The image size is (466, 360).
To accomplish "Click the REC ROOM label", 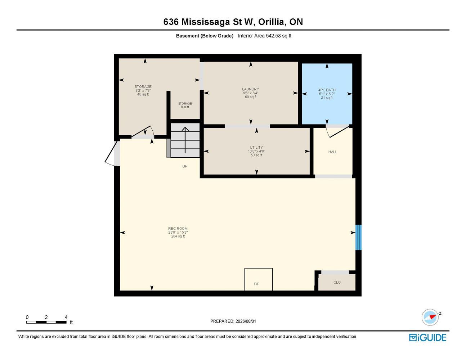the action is (178, 229).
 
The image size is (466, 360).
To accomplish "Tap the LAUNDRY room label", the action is (251, 89).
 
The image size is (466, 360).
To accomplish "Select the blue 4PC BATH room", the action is (327, 94).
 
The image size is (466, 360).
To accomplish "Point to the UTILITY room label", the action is (256, 148).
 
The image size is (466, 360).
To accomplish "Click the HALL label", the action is (333, 152).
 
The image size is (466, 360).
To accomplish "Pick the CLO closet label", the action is (337, 283).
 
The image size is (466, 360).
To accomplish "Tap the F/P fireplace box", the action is (259, 279).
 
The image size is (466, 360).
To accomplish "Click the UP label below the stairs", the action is (185, 166).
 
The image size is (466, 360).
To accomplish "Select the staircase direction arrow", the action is (185, 140).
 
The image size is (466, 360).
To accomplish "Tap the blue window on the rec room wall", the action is (358, 238).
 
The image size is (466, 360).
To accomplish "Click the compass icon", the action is (430, 317).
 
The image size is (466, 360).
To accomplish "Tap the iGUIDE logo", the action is (427, 338).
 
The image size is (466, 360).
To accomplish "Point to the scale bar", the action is (46, 322).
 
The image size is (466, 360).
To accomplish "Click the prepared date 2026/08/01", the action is (246, 321).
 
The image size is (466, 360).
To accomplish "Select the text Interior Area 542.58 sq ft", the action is (264, 36).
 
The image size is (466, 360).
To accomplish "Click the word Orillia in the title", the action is (272, 22).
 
